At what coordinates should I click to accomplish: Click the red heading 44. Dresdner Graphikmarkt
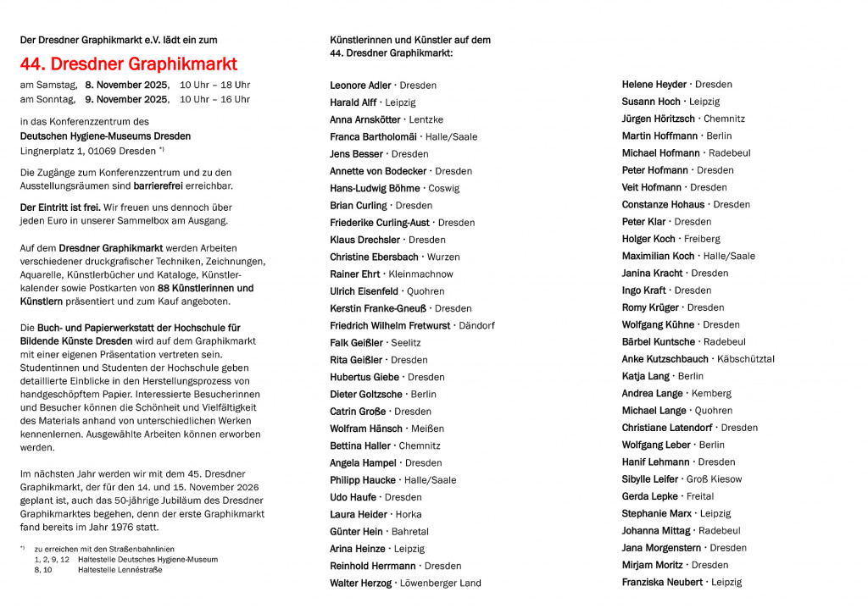point(129,64)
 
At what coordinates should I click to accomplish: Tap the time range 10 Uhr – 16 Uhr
point(214,99)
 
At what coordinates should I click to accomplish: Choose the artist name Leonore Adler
point(360,86)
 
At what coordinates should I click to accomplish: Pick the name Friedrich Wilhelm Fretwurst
point(390,325)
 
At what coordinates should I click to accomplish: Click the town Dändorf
point(476,325)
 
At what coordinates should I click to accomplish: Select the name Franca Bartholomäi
point(373,136)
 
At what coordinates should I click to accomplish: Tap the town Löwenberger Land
point(440,583)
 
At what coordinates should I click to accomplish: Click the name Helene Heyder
point(654,85)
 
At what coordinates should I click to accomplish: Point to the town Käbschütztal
point(745,359)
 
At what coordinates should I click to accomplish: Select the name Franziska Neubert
point(662,582)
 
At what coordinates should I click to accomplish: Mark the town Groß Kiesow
point(714,479)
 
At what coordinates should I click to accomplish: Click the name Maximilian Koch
point(658,256)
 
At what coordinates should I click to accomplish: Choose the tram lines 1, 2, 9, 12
point(52,559)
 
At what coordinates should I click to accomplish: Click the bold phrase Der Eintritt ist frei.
point(60,207)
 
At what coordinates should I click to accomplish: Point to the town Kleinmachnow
point(421,274)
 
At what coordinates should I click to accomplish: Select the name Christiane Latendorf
point(667,428)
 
